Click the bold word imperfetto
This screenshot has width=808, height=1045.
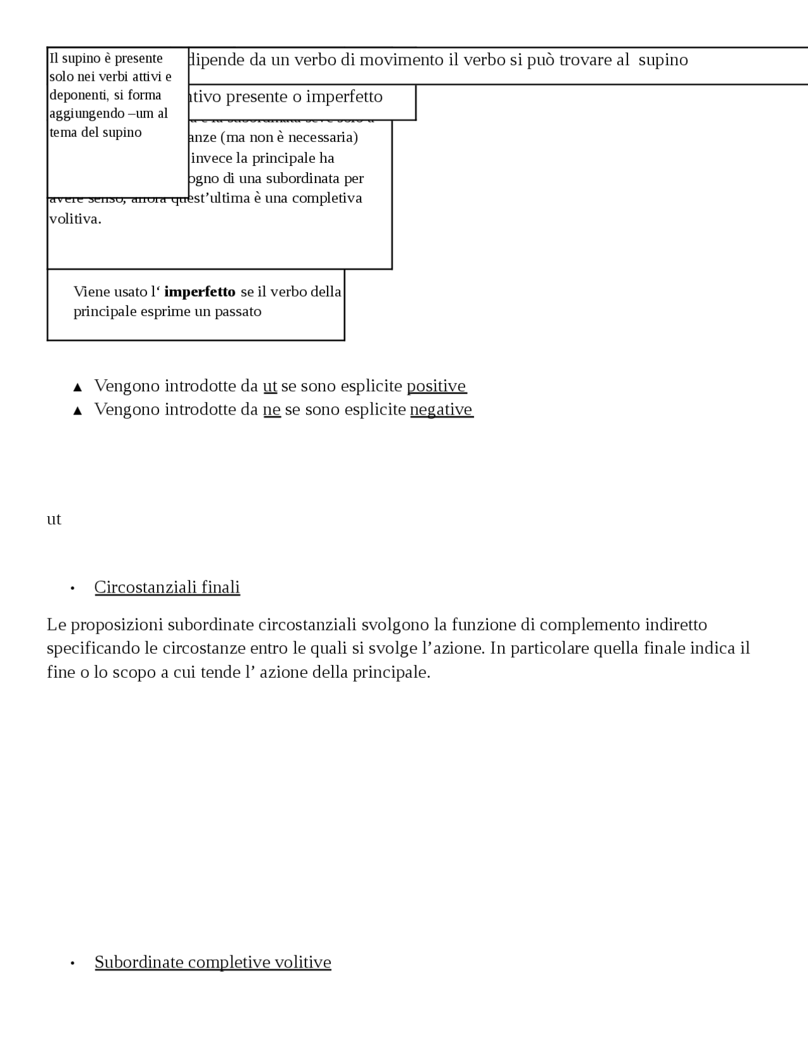(x=199, y=292)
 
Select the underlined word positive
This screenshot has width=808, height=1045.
(x=436, y=386)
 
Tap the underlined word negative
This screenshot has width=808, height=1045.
(x=441, y=410)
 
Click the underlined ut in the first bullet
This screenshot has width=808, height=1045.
(x=270, y=386)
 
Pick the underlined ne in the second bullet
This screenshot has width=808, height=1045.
(x=271, y=410)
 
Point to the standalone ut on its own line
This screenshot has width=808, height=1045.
(x=54, y=519)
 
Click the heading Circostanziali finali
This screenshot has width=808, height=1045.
(x=167, y=587)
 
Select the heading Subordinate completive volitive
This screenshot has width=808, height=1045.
(x=213, y=962)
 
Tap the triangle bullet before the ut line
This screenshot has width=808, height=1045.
(x=78, y=387)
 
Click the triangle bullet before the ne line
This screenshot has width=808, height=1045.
(x=78, y=411)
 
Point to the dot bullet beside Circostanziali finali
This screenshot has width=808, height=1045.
(x=73, y=588)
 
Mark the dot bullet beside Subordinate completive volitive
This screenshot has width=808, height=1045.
(x=73, y=963)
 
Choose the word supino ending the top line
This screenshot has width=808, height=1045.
(x=663, y=60)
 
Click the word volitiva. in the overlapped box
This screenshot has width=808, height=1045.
(x=75, y=219)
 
